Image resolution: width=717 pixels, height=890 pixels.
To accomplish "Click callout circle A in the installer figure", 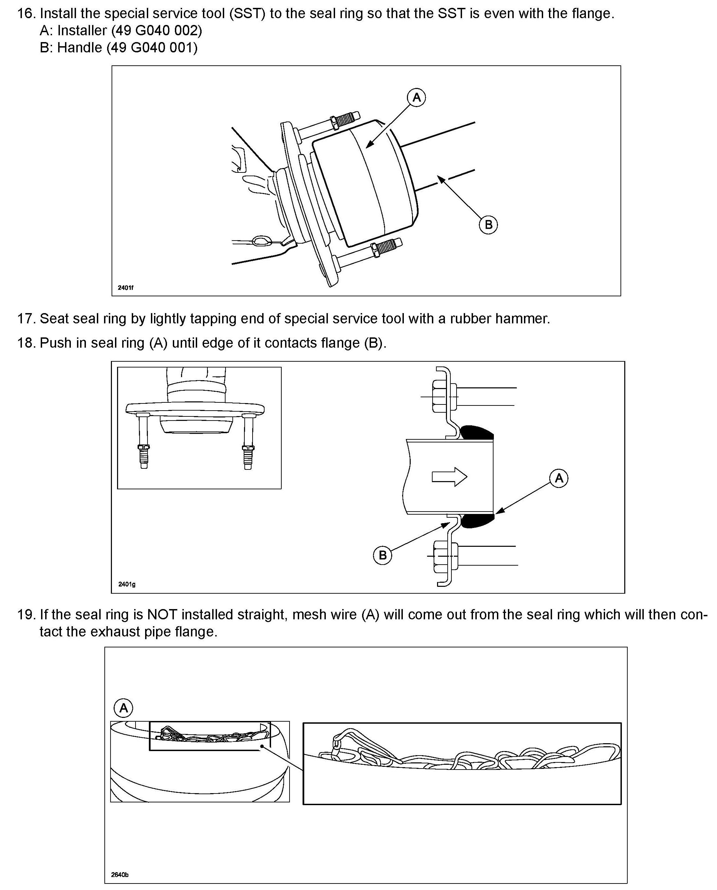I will (x=416, y=98).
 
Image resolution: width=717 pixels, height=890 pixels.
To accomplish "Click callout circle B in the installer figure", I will (x=488, y=225).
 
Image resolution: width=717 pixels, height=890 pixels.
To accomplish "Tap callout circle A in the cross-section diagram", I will (x=559, y=478).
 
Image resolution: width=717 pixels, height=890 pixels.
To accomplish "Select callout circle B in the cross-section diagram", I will (x=382, y=555).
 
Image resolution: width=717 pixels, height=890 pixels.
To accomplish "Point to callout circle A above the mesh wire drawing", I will (x=124, y=708).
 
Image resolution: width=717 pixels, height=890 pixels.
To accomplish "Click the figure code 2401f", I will (x=126, y=287).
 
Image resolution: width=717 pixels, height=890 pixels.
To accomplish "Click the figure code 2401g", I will (x=126, y=584).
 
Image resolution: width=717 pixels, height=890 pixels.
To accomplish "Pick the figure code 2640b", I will (x=120, y=874).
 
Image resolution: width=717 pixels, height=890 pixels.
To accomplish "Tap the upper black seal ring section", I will (x=477, y=433).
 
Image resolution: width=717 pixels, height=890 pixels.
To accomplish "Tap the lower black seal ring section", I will (x=477, y=521).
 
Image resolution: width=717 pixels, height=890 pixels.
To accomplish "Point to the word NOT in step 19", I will (x=162, y=615).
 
